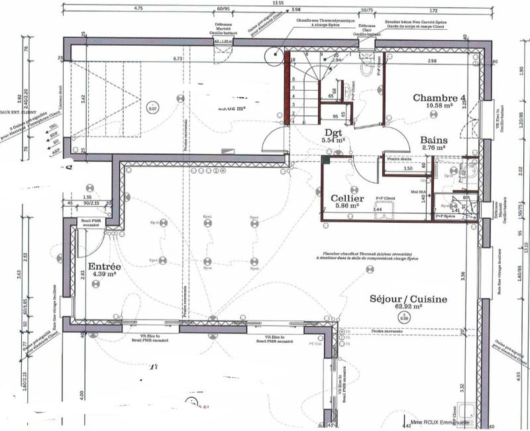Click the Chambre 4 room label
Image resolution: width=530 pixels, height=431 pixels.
(439, 98)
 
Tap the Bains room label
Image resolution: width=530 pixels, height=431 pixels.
(434, 141)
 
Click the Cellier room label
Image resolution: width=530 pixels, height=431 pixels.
(346, 198)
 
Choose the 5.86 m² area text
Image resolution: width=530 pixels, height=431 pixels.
(346, 206)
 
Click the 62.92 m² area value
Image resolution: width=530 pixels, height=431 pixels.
(409, 308)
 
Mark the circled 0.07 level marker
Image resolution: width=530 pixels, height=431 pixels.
(153, 107)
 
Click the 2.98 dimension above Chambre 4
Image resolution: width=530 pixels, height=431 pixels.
(431, 61)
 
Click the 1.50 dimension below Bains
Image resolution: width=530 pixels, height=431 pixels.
(409, 168)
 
